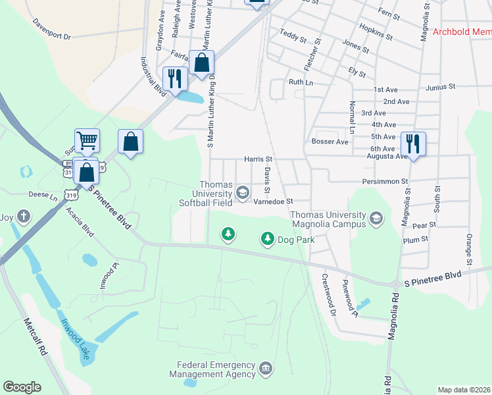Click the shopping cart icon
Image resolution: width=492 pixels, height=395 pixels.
pos(87,140)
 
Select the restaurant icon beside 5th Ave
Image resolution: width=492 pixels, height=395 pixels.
pos(413,143)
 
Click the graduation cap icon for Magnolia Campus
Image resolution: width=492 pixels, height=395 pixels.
pos(376,218)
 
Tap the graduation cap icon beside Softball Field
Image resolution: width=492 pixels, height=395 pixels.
pos(243,192)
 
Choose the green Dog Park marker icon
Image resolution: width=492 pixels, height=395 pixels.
pos(267,238)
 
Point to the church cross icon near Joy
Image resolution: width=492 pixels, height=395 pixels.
pos(24,216)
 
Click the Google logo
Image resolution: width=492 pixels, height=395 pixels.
pos(22,386)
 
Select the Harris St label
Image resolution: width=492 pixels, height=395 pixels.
pos(258,159)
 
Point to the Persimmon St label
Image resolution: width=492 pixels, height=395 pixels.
pos(385,181)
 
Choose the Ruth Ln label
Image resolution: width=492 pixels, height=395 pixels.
pos(301,82)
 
